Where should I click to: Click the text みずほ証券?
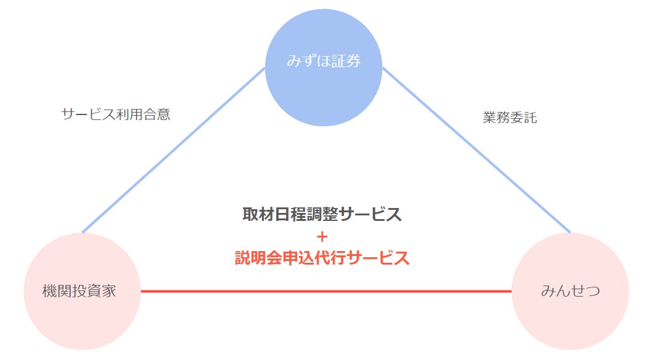[324, 62]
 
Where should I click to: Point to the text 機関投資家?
[79, 291]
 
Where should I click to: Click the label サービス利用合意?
[116, 114]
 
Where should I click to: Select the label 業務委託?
[510, 118]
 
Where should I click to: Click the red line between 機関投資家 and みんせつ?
[326, 291]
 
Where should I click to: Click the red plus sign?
[322, 236]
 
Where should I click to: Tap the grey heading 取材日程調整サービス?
[322, 215]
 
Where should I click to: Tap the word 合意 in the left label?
[156, 114]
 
